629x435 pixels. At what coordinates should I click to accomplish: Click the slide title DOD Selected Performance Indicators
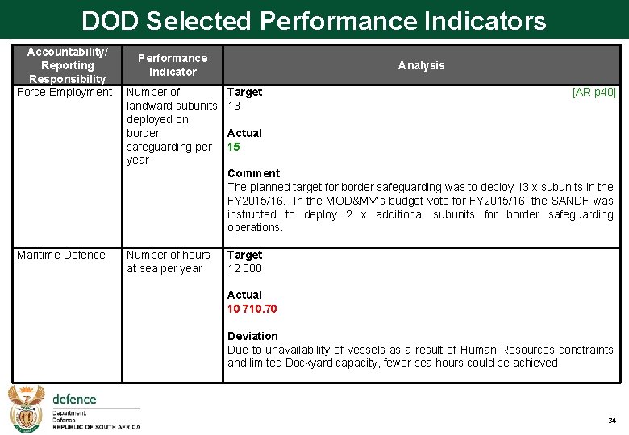(x=314, y=20)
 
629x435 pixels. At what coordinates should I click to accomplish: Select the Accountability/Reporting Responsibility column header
(x=67, y=65)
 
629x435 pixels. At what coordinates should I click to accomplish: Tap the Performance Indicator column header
(x=172, y=65)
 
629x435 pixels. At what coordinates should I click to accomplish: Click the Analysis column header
(x=421, y=65)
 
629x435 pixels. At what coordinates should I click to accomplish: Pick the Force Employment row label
(x=65, y=92)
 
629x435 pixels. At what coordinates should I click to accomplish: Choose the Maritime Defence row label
(x=61, y=255)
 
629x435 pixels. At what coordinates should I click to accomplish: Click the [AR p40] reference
(x=594, y=92)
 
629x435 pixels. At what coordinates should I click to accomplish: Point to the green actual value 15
(x=234, y=147)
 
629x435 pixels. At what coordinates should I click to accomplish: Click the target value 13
(x=234, y=106)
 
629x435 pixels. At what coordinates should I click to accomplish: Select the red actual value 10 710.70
(x=252, y=309)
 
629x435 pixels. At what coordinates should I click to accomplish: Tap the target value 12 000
(x=244, y=268)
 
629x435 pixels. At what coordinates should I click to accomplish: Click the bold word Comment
(x=253, y=173)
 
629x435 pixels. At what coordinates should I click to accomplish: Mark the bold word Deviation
(x=252, y=336)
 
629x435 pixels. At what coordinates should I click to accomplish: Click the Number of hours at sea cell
(x=168, y=262)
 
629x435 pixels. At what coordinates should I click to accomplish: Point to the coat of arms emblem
(x=26, y=409)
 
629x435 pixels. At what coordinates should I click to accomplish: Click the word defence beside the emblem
(x=74, y=399)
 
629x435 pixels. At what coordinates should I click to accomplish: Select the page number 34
(x=611, y=421)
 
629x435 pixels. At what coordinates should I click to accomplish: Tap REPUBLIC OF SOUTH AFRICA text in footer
(x=96, y=427)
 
